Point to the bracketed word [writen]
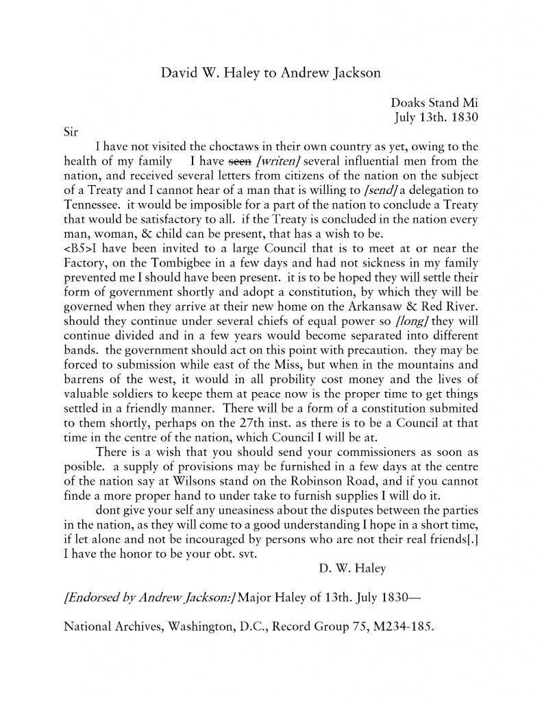pyautogui.click(x=275, y=162)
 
